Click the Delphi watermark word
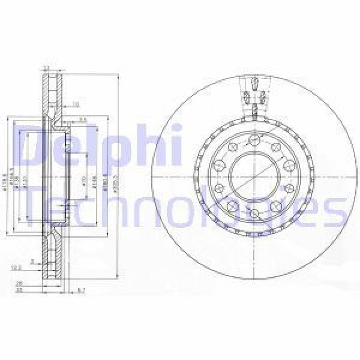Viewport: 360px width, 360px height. point(99,147)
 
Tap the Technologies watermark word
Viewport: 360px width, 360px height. point(180,207)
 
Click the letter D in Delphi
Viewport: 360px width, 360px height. point(36,147)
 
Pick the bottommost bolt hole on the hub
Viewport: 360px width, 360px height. point(254,214)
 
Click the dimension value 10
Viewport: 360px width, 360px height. point(76,104)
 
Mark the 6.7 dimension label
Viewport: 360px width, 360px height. point(82,290)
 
